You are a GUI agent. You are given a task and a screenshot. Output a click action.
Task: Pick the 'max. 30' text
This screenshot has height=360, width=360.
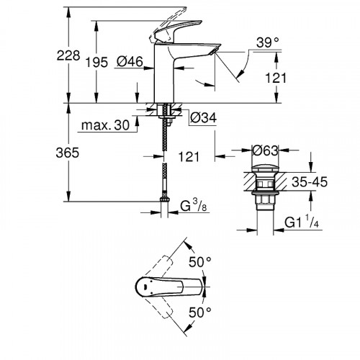(104, 127)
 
